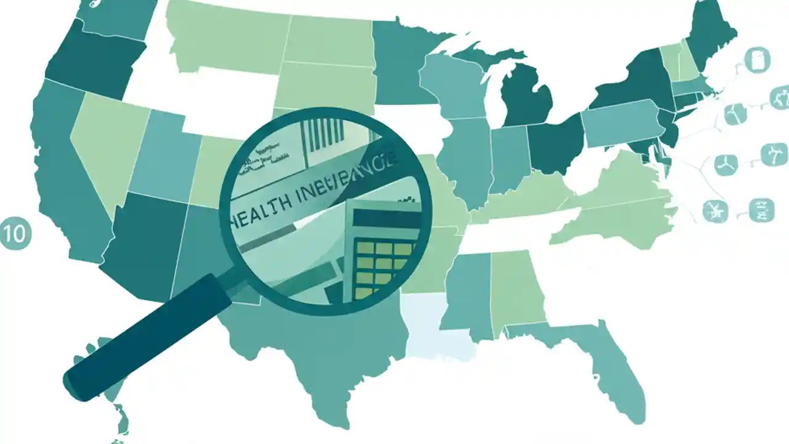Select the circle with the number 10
pyautogui.click(x=15, y=234)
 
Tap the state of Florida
pyautogui.click(x=610, y=370)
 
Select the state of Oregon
pyautogui.click(x=92, y=59)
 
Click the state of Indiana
pyautogui.click(x=509, y=157)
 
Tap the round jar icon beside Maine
pyautogui.click(x=756, y=60)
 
